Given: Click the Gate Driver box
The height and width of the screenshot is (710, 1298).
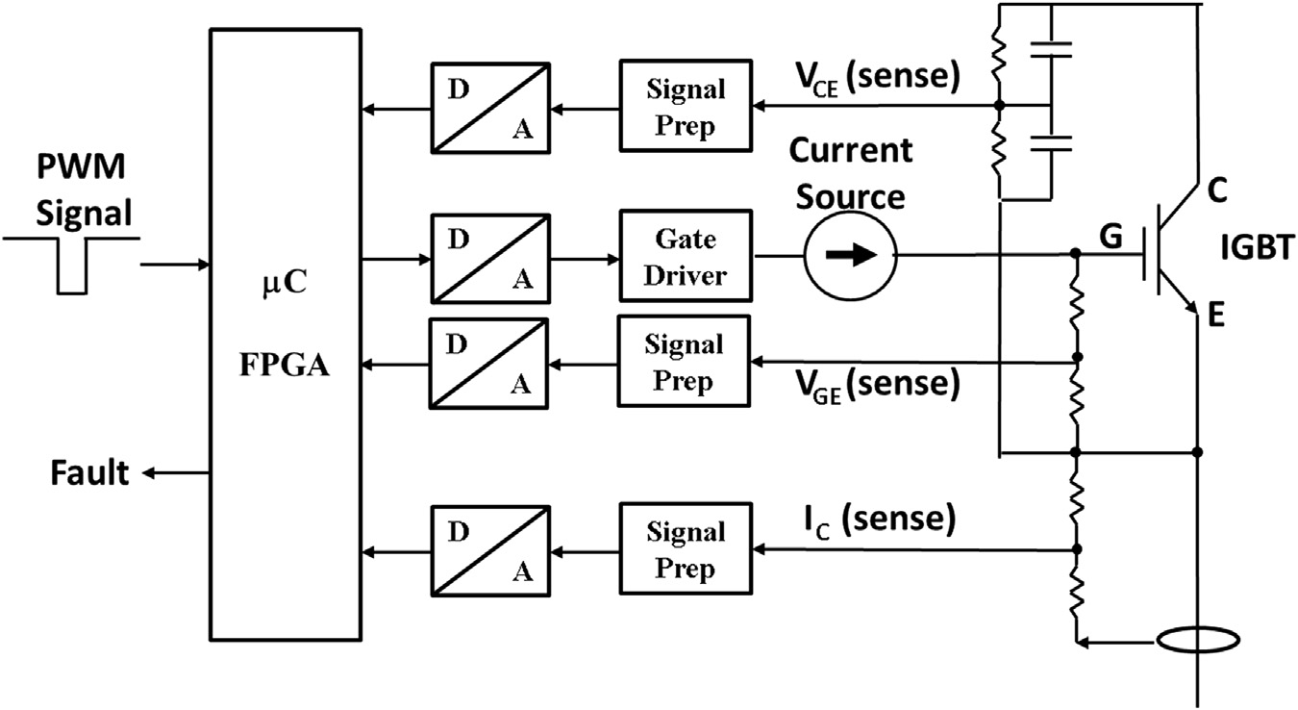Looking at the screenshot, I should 686,256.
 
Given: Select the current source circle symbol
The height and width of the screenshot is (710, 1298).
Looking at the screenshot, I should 850,256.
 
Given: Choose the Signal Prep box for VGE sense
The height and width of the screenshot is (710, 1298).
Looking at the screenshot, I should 686,363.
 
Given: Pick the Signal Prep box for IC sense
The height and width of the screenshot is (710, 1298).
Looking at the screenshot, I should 686,550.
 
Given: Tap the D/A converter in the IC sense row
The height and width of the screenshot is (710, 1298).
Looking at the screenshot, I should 490,550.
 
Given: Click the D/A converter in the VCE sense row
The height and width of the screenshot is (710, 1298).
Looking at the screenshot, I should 490,106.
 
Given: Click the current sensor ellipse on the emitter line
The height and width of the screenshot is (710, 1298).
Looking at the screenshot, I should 1197,640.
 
